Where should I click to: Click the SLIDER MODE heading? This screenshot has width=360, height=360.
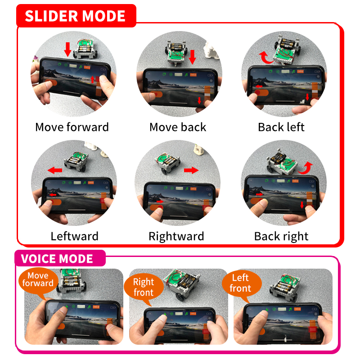point(75,16)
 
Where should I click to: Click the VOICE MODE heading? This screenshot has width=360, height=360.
point(57,258)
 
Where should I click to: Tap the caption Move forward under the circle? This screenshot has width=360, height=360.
point(72,127)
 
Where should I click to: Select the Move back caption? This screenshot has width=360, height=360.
point(178,127)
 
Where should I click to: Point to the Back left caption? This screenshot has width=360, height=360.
point(281,127)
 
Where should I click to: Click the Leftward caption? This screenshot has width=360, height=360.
point(74,236)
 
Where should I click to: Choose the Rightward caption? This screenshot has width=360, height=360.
point(176,236)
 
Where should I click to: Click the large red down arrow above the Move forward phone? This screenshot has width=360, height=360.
point(67,49)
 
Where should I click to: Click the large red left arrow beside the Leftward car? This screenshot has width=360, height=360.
point(55,170)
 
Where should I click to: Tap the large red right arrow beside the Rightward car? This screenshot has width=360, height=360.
point(191,170)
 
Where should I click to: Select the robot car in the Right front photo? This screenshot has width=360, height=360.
point(181,284)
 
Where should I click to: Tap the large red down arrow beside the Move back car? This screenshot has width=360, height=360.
point(193,57)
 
